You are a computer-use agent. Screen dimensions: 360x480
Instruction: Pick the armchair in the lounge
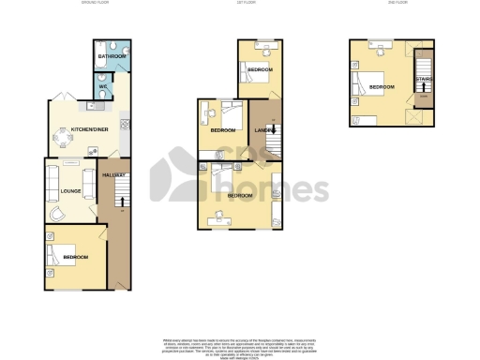(x=58, y=215)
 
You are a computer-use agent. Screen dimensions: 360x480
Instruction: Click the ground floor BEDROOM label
(x=76, y=257)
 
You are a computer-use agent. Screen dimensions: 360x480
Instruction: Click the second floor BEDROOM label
(x=382, y=87)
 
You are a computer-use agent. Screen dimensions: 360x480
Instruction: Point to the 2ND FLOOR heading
(x=397, y=3)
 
